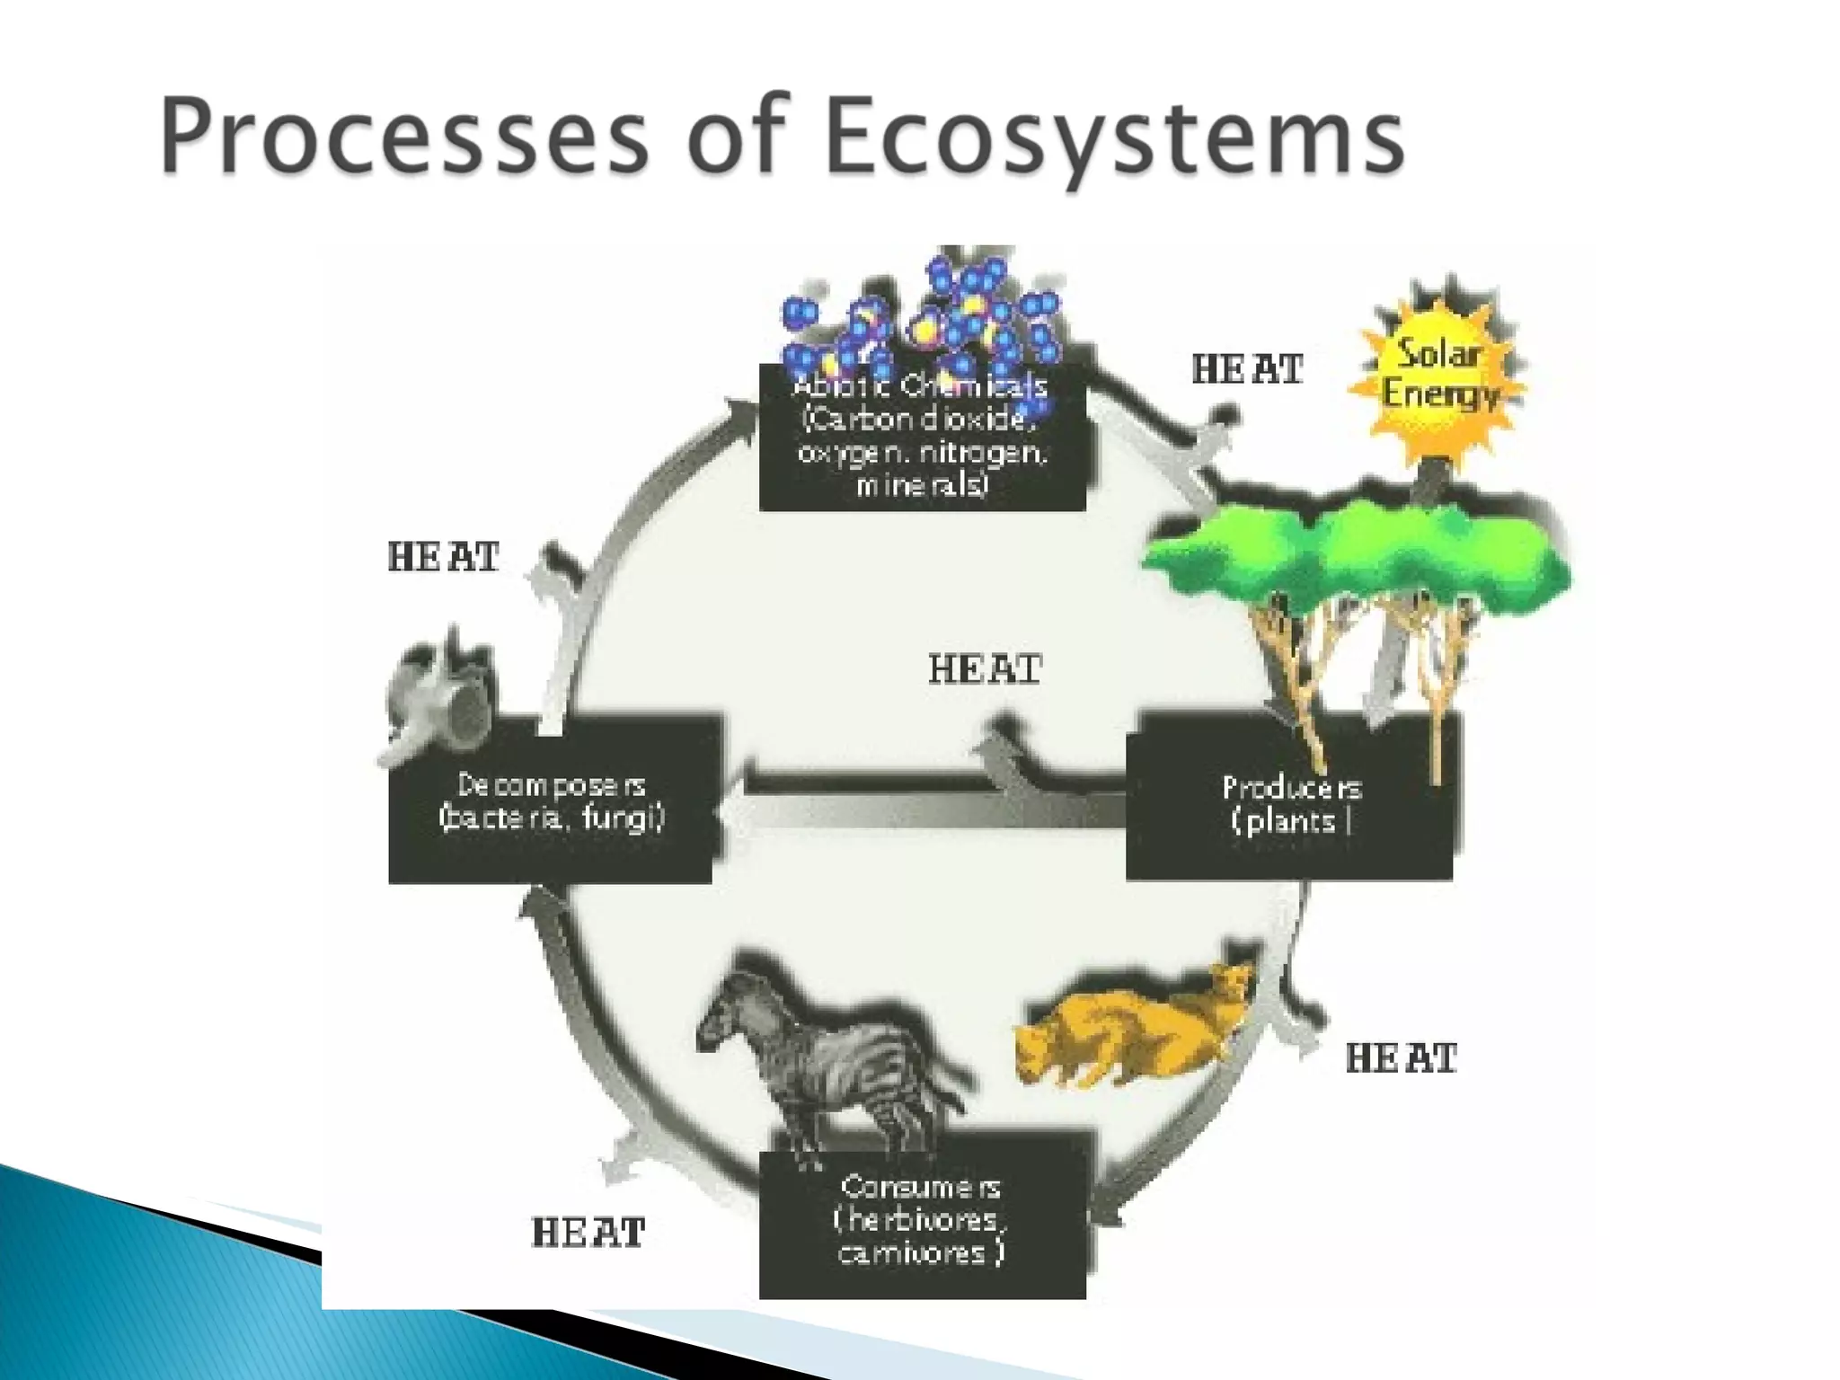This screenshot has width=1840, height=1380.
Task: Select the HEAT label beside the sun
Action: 1247,369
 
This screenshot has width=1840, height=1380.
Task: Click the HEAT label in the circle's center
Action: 985,669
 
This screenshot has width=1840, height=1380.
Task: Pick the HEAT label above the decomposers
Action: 443,557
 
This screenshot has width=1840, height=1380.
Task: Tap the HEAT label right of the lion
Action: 1401,1058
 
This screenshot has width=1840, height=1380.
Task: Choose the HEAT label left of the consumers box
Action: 588,1233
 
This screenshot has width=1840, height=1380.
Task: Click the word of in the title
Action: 739,137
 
